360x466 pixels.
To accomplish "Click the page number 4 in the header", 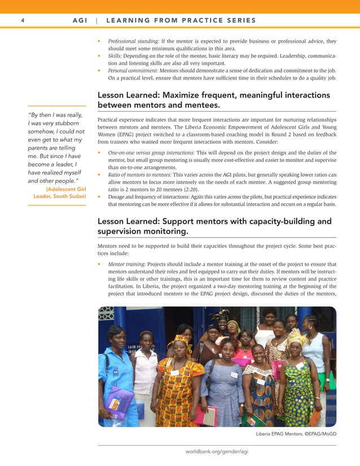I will tap(22, 21).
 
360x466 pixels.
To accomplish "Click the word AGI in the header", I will tap(80, 21).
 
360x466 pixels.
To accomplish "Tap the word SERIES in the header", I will tap(240, 21).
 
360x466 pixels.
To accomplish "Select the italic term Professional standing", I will tap(133, 41).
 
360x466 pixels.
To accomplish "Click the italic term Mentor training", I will tap(126, 264).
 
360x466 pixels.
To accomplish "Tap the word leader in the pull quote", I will tap(70, 164).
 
